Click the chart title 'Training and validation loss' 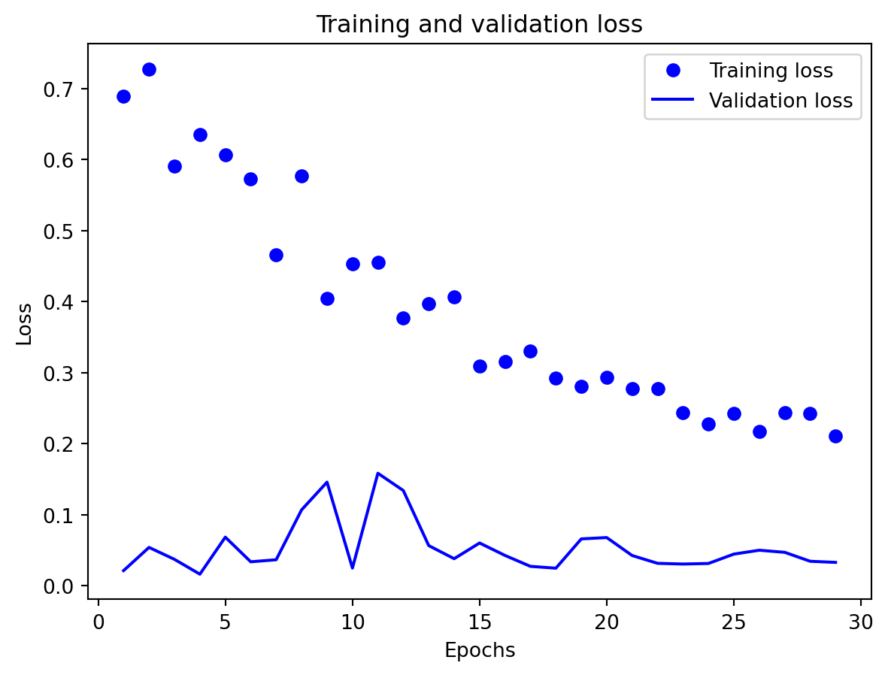coord(479,25)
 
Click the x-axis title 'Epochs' coord(480,651)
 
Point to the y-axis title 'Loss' coord(25,323)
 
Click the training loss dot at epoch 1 coord(123,96)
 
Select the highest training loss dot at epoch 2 coord(149,69)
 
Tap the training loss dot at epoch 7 coord(276,255)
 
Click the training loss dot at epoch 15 coord(480,366)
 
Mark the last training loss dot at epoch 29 coord(835,436)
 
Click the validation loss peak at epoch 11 coord(377,473)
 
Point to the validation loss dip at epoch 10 coord(352,568)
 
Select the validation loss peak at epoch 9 coord(327,482)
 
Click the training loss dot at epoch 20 coord(607,377)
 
